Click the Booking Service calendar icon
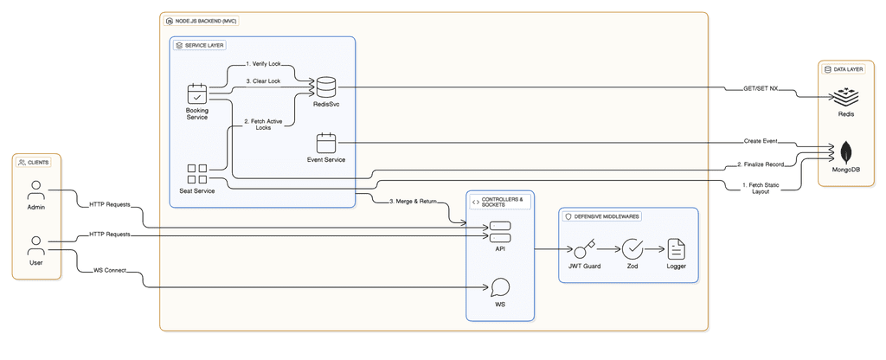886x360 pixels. (196, 93)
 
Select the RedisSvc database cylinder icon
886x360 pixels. (325, 87)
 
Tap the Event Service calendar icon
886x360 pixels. (325, 143)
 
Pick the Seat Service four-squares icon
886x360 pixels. (197, 174)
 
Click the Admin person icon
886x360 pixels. (35, 190)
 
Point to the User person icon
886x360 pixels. (35, 245)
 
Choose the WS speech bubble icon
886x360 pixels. (499, 287)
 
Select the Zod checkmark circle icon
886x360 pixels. (633, 249)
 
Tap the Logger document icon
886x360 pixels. (676, 249)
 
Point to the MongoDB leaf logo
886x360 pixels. (845, 153)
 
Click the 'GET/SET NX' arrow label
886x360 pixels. (761, 87)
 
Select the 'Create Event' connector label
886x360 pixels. (759, 141)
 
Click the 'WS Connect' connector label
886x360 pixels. (109, 270)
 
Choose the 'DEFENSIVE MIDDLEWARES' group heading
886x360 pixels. (605, 216)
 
